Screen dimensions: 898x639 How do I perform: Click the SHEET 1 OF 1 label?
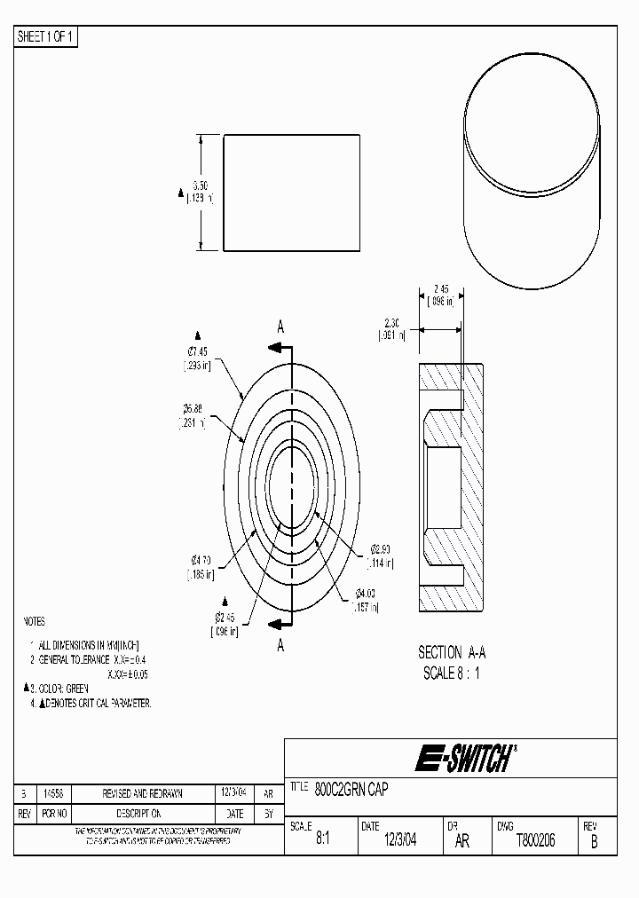tap(45, 36)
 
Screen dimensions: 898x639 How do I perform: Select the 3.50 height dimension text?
tap(200, 186)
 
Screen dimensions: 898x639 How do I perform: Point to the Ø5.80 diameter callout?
tap(193, 409)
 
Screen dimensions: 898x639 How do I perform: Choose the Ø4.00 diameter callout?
tap(367, 593)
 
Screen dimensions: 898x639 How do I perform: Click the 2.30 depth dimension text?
tap(392, 322)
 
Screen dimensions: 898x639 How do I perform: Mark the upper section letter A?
tap(280, 327)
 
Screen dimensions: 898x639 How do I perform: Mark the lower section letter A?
tap(280, 645)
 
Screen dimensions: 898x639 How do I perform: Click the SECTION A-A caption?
tap(452, 652)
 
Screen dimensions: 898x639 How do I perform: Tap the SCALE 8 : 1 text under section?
tap(452, 673)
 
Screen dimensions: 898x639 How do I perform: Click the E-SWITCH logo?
tap(464, 759)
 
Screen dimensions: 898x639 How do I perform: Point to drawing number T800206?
tap(535, 841)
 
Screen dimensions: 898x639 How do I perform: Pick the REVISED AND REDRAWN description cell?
tap(142, 795)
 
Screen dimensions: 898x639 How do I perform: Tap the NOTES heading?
tap(34, 622)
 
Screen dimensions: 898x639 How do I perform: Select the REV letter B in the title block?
tap(594, 842)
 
